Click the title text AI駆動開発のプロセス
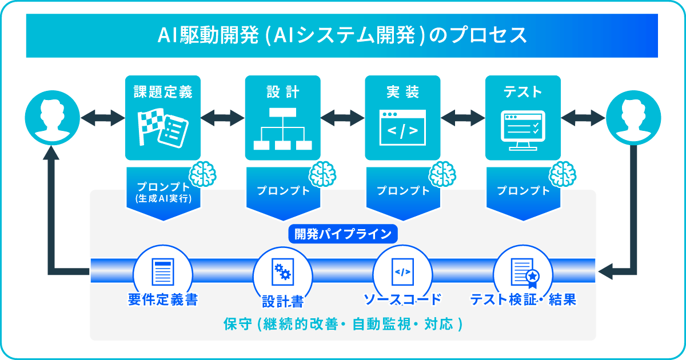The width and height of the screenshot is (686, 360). pyautogui.click(x=342, y=35)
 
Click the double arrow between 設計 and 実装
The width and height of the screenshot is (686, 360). pyautogui.click(x=342, y=118)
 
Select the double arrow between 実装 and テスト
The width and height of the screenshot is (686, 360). pyautogui.click(x=462, y=118)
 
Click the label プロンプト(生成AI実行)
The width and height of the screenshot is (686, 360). pyautogui.click(x=162, y=193)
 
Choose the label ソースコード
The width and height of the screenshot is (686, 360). pyautogui.click(x=402, y=299)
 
